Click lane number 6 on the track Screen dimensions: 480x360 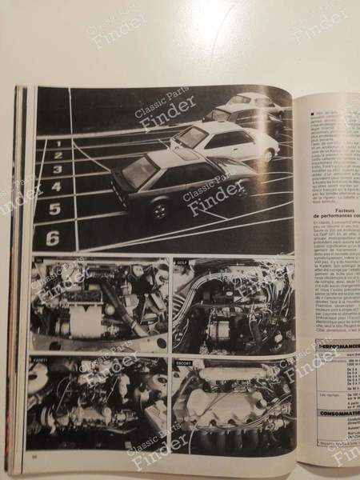pos(53,237)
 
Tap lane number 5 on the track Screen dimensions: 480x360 pos(54,210)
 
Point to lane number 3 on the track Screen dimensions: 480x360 pos(57,170)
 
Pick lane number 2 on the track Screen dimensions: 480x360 pos(58,156)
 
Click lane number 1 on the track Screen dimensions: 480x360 pos(58,144)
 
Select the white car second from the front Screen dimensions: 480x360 pos(232,144)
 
